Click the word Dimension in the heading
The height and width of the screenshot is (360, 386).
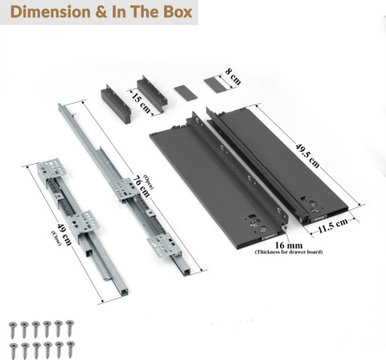click(x=51, y=12)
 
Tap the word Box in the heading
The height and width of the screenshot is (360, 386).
click(x=178, y=12)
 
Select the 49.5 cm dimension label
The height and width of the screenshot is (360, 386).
click(x=307, y=156)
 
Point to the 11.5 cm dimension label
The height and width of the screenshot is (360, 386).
click(x=332, y=226)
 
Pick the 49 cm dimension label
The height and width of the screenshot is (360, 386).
click(x=64, y=235)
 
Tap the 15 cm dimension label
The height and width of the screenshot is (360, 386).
click(x=141, y=102)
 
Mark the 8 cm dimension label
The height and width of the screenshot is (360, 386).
click(x=233, y=76)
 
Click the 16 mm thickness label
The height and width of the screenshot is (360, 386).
click(x=289, y=245)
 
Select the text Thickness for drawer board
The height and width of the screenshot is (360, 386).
click(x=289, y=252)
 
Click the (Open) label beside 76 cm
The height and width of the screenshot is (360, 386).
click(x=149, y=182)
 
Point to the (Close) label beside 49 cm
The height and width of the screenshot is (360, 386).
click(x=56, y=238)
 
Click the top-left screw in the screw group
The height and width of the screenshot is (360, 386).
click(x=13, y=330)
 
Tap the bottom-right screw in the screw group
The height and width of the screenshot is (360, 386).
click(x=71, y=350)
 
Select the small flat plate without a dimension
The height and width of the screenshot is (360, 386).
click(x=186, y=93)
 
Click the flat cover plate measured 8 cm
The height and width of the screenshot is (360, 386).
click(x=215, y=85)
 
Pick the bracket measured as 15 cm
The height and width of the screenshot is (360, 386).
click(x=152, y=94)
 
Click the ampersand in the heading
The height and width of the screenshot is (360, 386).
click(x=101, y=12)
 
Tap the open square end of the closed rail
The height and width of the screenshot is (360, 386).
click(x=123, y=292)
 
